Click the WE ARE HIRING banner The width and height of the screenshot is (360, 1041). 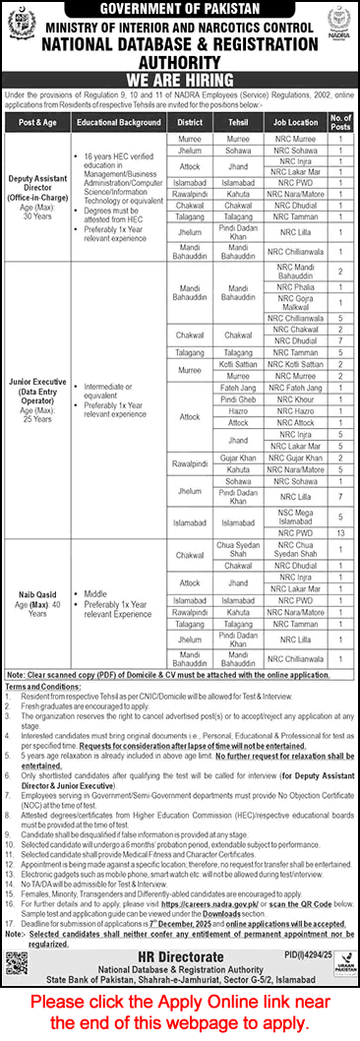tap(180, 80)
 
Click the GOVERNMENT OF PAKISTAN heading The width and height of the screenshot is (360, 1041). tap(180, 11)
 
